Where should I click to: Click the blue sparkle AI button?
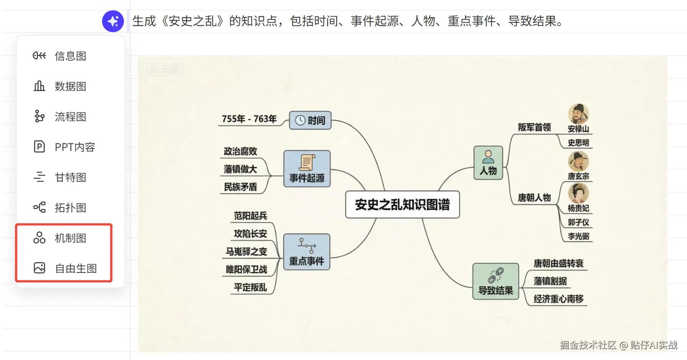click(113, 21)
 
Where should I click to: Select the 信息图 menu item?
click(70, 56)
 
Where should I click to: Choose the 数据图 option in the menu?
click(70, 86)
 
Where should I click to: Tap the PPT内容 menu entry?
click(74, 147)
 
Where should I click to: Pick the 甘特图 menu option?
click(70, 178)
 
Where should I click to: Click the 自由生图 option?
click(75, 269)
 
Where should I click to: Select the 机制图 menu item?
click(70, 238)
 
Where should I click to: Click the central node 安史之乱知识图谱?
click(402, 205)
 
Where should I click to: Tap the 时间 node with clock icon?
click(310, 120)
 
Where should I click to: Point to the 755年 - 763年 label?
click(249, 119)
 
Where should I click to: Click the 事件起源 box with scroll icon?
click(307, 169)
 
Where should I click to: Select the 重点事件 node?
click(307, 252)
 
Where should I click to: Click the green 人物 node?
click(488, 163)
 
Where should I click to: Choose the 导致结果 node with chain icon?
click(496, 281)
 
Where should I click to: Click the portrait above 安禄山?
click(578, 113)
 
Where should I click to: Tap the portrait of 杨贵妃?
click(578, 193)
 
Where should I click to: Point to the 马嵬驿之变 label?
click(246, 252)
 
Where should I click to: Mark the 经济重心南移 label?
click(558, 299)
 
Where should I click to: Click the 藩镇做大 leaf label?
click(240, 169)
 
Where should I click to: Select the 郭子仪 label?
click(578, 222)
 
